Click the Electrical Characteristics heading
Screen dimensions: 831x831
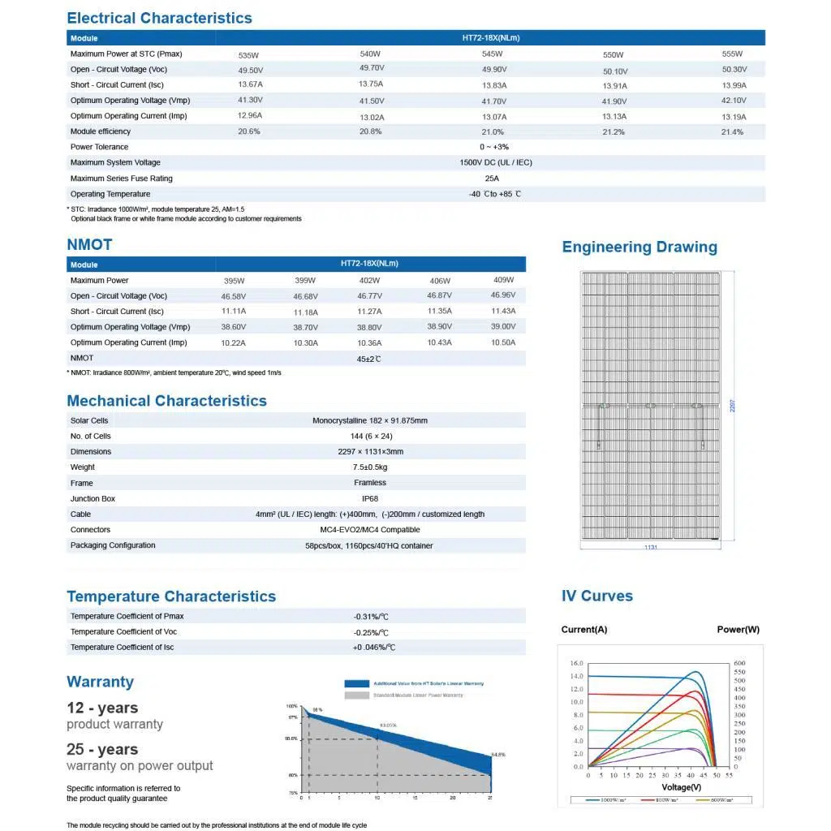(x=159, y=18)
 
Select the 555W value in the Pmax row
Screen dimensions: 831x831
(x=732, y=54)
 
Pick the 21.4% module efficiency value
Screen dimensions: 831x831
(x=732, y=132)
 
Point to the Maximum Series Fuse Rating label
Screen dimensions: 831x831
(x=122, y=179)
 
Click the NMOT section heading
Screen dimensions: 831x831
(x=89, y=244)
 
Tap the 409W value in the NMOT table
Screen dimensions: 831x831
(x=503, y=280)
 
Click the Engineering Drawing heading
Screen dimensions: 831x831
(x=639, y=247)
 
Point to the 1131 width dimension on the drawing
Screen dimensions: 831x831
(x=651, y=548)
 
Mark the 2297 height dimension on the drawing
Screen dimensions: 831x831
(x=733, y=406)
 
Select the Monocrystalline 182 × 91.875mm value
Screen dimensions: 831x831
(x=370, y=420)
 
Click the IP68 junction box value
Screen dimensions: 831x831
(x=369, y=498)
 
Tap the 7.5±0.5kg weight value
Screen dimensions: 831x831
(x=370, y=467)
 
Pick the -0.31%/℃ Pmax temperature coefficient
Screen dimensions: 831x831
(x=371, y=617)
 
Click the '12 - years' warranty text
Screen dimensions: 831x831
(x=102, y=708)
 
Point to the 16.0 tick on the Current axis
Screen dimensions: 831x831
(x=576, y=663)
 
